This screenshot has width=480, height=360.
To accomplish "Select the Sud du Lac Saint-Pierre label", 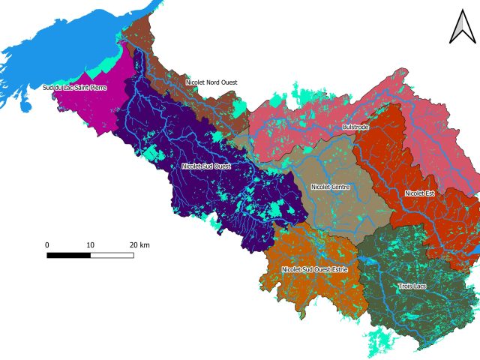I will coord(74,88).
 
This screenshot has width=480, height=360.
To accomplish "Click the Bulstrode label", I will coord(355,127).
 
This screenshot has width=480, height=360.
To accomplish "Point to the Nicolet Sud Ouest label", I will coord(205,166).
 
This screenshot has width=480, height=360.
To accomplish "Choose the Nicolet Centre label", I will coord(330,187).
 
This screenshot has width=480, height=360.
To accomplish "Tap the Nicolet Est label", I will coord(419,193).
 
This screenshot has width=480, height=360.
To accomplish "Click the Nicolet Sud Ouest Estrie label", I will coord(314,268).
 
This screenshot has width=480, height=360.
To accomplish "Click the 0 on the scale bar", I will coord(47,245).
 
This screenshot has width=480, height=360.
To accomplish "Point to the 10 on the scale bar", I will coord(91,245).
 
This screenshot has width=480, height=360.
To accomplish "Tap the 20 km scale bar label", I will coord(139,245).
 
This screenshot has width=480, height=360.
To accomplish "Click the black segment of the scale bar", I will coord(69,255).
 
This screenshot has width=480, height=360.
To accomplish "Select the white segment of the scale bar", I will coord(112,255).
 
